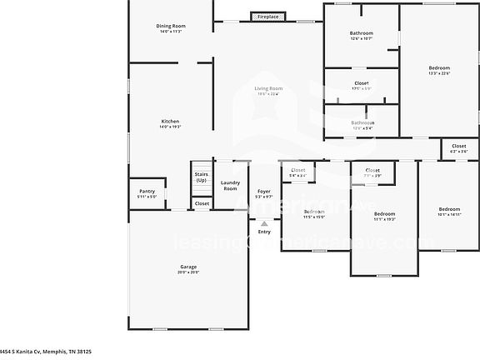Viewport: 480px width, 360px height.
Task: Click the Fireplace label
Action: pos(268,17)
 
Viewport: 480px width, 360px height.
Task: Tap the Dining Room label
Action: pos(171,27)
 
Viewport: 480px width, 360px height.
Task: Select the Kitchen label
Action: pos(170,122)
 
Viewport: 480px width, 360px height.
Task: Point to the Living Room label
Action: pos(268,88)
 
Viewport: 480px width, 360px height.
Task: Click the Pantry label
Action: pos(147,191)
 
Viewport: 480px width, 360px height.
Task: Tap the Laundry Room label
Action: pos(230,186)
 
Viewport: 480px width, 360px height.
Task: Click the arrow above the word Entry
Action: pos(264,223)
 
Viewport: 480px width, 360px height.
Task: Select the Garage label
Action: pos(188,267)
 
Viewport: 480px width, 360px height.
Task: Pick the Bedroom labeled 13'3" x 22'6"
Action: pos(439,68)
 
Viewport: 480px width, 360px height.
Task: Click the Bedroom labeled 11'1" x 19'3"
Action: pos(384,214)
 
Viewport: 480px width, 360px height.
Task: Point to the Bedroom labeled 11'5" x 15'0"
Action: pos(314,212)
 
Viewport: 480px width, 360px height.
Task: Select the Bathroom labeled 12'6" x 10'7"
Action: pos(361,33)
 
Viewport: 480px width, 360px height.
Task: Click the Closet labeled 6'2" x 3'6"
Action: pos(459,146)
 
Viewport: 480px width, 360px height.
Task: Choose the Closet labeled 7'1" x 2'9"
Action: pos(372,171)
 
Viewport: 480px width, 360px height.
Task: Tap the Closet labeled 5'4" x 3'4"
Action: pos(298,171)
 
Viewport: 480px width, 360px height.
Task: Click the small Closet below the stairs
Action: pos(202,203)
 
